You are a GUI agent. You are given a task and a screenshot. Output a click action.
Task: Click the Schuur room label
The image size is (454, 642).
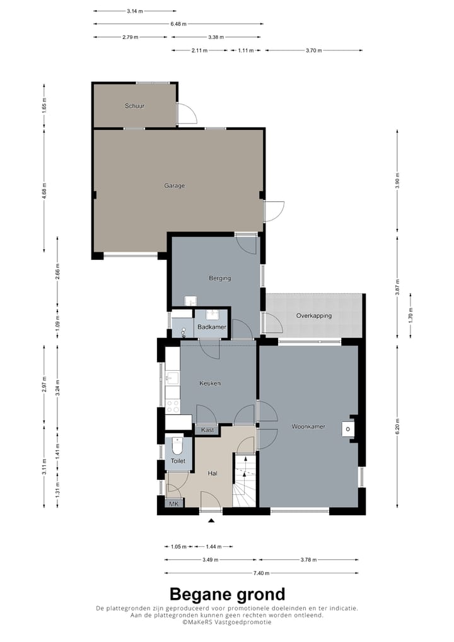135,106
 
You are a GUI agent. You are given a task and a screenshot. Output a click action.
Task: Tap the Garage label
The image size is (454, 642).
175,186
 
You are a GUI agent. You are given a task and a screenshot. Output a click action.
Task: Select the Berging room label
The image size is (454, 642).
220,278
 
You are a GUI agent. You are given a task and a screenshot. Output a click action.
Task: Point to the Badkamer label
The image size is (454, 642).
212,327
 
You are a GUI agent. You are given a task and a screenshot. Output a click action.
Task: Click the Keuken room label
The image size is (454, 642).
210,383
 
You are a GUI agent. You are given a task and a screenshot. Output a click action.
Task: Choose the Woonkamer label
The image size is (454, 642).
308,427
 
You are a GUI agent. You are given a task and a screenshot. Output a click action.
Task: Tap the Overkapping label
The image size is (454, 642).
314,316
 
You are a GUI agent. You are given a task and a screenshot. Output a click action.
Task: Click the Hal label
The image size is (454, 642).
212,474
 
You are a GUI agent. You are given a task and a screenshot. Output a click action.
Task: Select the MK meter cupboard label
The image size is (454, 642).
174,504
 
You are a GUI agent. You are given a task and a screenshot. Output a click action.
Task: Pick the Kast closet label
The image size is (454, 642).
207,430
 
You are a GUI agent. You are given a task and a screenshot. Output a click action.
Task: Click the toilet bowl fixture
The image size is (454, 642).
178,446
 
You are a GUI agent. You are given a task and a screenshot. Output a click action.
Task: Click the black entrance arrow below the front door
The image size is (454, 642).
211,521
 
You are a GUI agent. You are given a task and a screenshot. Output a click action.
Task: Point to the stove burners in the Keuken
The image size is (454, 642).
173,406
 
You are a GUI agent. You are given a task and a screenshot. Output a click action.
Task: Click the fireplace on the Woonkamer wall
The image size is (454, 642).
348,429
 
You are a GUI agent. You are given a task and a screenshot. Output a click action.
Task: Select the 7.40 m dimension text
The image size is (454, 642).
261,573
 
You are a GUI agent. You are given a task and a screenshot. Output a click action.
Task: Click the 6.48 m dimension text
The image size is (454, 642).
178,24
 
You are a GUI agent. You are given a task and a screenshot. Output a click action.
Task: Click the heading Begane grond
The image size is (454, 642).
227,594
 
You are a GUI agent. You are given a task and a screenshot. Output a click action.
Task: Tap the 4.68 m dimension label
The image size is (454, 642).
45,191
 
